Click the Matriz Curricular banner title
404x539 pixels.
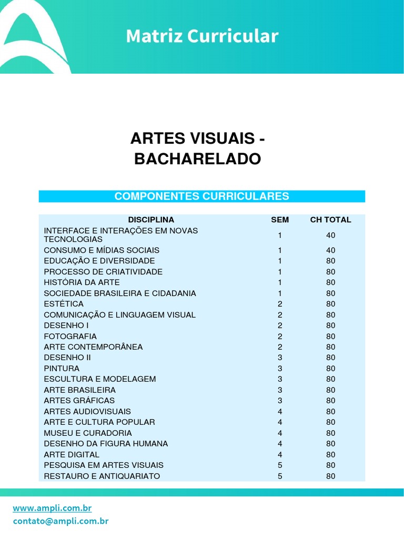coord(202,36)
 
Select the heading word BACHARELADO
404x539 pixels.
coord(197,159)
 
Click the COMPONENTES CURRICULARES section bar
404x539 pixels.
coord(201,196)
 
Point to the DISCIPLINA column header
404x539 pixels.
coord(151,219)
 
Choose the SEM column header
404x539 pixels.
coord(280,219)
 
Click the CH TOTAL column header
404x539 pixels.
coord(330,219)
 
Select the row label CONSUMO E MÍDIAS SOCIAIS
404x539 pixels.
coord(102,250)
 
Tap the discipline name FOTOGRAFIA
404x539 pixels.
coord(70,336)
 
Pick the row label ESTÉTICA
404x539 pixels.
coord(64,304)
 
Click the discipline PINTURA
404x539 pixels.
coord(62,368)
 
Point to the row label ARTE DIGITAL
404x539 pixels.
coord(72,454)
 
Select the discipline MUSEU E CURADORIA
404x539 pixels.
coord(88,433)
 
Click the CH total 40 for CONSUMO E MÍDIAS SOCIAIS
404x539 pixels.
coord(330,250)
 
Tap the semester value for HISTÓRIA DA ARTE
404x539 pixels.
coord(280,282)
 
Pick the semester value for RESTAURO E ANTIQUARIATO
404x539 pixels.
coord(280,476)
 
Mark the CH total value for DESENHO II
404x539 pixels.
coord(330,357)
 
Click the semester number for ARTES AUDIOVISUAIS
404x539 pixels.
coord(280,411)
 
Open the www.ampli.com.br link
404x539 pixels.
coord(52,508)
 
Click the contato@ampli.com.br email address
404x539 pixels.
coord(60,521)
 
